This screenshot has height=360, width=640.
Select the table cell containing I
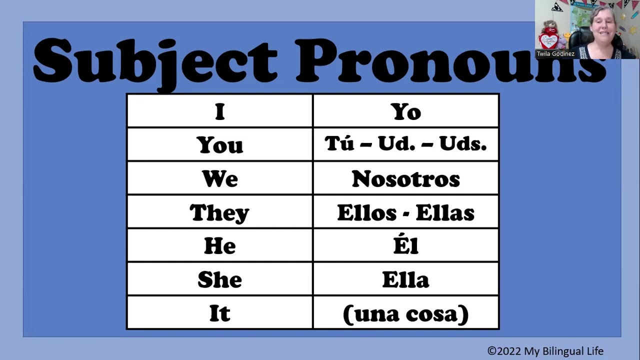point(220,111)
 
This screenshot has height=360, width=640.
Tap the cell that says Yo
point(405,111)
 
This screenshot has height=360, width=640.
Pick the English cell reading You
point(220,145)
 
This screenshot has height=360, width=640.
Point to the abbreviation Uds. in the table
point(462,144)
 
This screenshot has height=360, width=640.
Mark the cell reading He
point(220,246)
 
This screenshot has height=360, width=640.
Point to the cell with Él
point(405,245)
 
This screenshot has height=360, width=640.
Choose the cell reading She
point(220,279)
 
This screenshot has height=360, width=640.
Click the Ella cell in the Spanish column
point(405,279)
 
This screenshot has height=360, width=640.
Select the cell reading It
point(220,313)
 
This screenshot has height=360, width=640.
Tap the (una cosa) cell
point(405,313)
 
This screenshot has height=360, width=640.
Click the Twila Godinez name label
point(555,53)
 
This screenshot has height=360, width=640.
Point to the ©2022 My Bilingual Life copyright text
point(545,351)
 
